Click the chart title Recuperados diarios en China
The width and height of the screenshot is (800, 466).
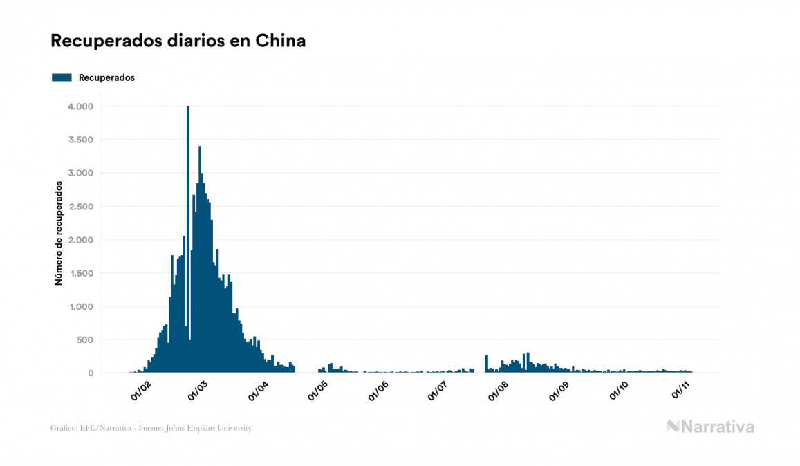178,41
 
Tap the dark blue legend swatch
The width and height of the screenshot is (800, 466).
62,77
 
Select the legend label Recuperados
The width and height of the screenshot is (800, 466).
106,77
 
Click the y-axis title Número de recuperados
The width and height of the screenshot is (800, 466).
59,234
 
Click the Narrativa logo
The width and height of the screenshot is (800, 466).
710,427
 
